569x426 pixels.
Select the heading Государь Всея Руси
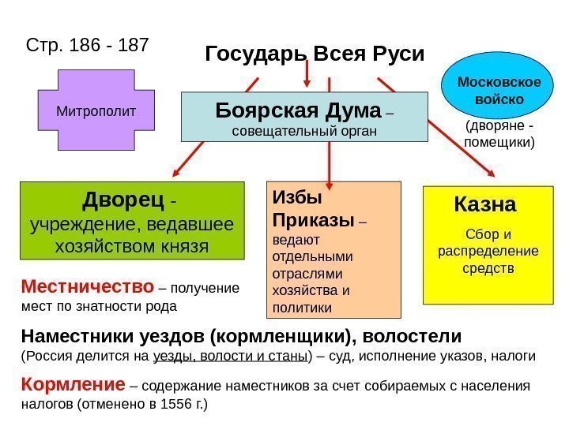tap(315, 54)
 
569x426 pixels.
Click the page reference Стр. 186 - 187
tap(87, 44)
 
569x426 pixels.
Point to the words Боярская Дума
tap(298, 110)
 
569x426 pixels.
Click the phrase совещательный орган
tap(303, 129)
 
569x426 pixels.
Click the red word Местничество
tap(87, 285)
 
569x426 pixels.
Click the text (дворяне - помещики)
tap(499, 135)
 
